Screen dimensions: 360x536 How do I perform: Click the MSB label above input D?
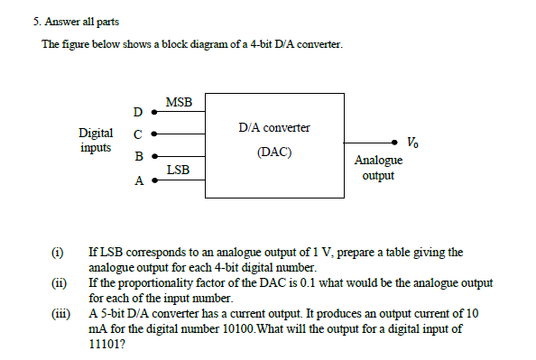(x=179, y=103)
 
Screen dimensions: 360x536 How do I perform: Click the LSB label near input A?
(x=178, y=169)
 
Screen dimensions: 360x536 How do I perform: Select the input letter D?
(x=137, y=113)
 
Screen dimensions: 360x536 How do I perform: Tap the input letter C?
(x=137, y=134)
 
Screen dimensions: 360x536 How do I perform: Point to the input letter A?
(x=137, y=180)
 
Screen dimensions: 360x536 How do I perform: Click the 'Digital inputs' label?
(x=96, y=140)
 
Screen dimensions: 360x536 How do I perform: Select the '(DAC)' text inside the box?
(x=273, y=152)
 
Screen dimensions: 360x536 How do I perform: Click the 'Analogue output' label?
(x=378, y=168)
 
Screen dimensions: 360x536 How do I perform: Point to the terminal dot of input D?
(x=153, y=113)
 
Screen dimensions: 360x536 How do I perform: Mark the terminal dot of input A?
(x=153, y=180)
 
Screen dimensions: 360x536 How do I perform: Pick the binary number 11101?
(x=107, y=343)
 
